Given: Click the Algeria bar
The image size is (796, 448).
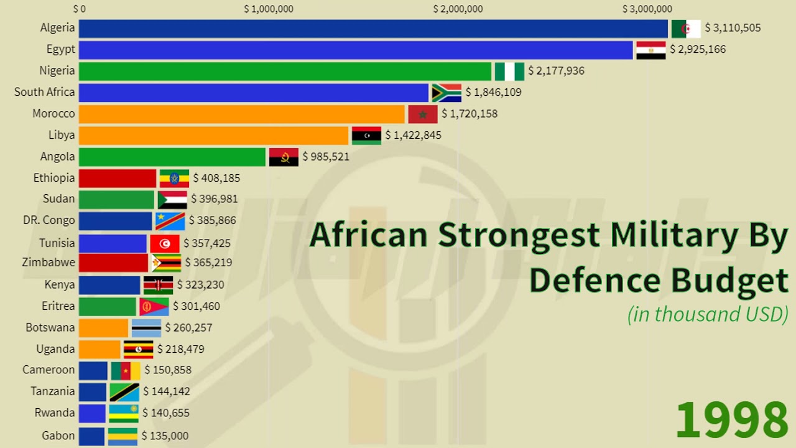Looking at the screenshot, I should (373, 29).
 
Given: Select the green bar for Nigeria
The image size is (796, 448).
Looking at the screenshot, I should (285, 72).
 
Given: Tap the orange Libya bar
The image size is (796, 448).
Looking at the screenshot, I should (213, 136).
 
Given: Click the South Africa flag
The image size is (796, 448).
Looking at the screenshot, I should (447, 93).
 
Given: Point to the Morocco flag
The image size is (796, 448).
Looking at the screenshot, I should (423, 114).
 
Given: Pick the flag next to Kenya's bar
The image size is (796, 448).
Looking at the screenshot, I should (159, 285).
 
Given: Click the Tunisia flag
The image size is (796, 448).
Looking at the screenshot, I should (165, 243).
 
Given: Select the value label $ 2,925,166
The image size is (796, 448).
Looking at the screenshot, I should (697, 50).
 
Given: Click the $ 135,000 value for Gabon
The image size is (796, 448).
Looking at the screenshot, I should (165, 436).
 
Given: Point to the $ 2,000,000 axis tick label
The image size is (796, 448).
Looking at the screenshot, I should (458, 9).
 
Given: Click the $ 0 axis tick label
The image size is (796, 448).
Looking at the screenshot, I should (80, 9).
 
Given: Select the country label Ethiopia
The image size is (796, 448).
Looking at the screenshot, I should (54, 178).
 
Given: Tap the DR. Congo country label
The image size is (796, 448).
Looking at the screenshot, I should (49, 220).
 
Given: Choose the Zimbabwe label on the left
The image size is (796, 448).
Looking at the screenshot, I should (49, 263).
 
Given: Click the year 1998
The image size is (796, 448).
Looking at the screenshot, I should (731, 420).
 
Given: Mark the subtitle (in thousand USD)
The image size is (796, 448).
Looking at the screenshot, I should (708, 314).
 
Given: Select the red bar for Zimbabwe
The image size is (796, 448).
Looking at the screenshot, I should (113, 263).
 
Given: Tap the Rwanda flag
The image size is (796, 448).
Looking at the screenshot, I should (124, 413).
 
